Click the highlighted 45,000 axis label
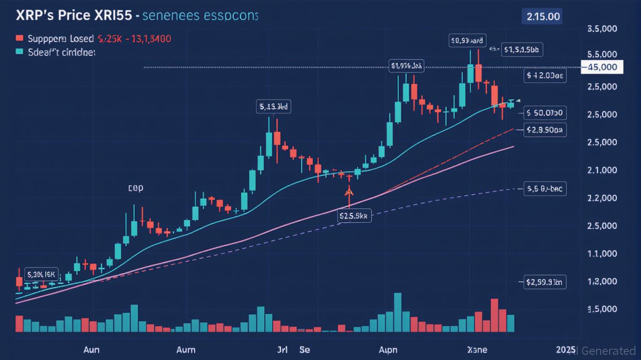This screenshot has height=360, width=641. click(602, 67)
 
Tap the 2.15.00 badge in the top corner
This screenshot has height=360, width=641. click(543, 16)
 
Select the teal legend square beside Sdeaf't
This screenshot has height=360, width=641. click(19, 52)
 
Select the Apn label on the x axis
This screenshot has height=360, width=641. click(388, 350)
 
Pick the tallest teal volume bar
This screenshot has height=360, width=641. click(398, 312)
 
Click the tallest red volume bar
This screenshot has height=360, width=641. click(494, 315)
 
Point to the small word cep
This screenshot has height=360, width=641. click(135, 188)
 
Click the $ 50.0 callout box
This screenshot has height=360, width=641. click(545, 112)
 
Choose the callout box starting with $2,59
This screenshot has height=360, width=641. click(545, 282)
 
